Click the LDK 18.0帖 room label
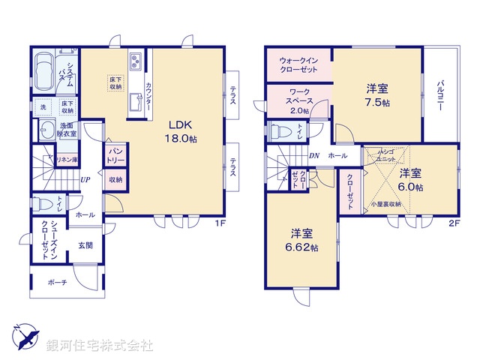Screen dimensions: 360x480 [x=181, y=132]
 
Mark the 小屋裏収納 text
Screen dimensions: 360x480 [x=385, y=204]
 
